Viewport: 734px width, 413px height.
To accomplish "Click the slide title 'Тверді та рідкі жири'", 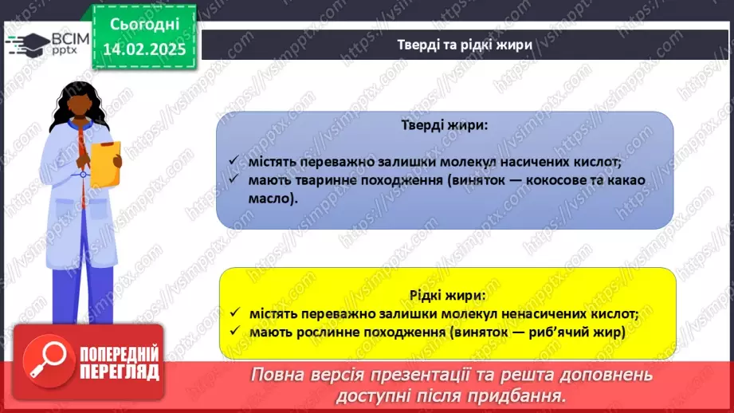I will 465,45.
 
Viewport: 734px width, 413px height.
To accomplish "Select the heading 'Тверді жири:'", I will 444,126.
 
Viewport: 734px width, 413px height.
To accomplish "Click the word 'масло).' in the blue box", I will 272,199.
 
